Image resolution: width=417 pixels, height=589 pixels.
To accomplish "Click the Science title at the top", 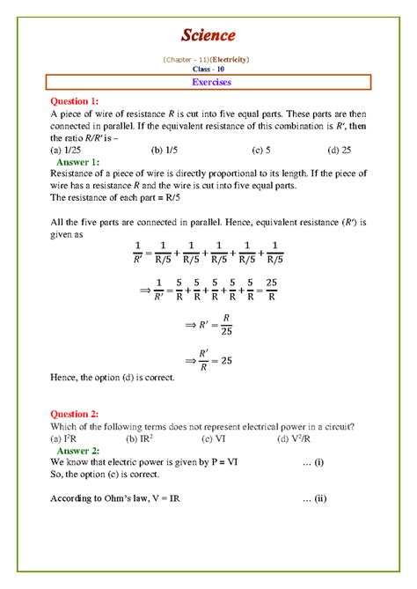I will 208,35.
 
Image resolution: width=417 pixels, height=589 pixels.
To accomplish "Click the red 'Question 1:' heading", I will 80,101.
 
